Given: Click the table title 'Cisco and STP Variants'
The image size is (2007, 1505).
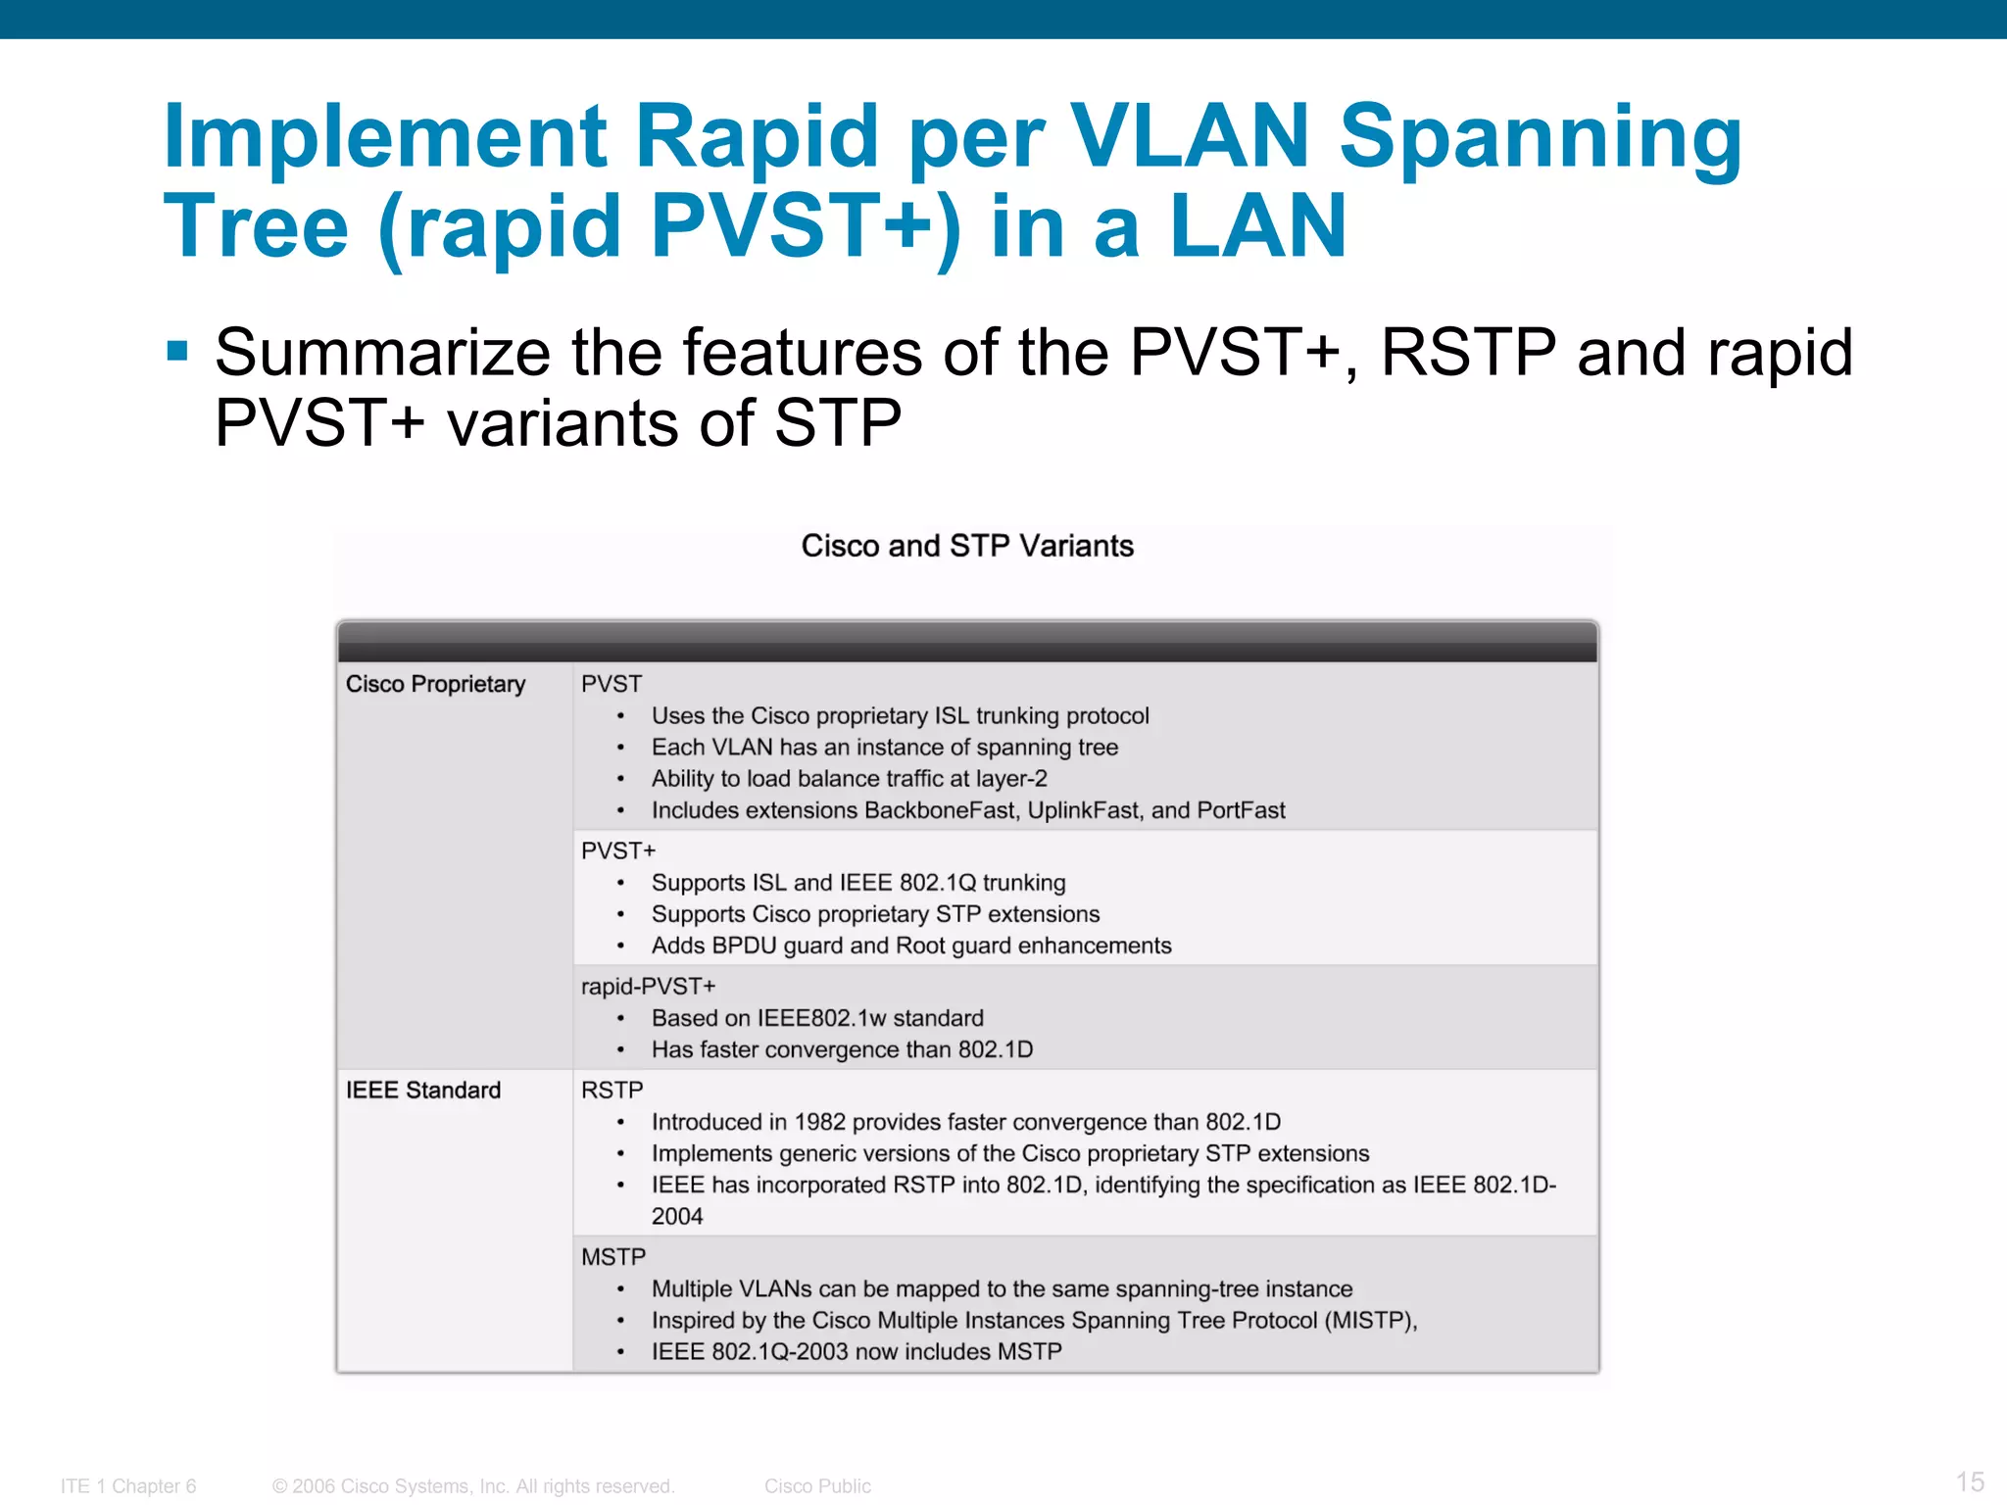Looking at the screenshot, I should click(967, 546).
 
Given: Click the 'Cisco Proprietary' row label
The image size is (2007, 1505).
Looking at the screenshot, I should click(435, 684).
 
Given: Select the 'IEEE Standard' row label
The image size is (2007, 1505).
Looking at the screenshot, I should click(422, 1091).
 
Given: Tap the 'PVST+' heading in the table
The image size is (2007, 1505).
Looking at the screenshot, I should click(617, 850).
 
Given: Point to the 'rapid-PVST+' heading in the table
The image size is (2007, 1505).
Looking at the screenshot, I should click(648, 987).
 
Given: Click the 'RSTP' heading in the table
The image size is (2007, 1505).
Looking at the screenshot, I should click(612, 1091).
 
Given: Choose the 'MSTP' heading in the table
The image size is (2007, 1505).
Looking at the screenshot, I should click(613, 1257).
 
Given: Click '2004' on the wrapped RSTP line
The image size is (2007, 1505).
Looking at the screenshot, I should click(677, 1217).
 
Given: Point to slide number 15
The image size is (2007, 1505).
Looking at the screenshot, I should click(1970, 1481).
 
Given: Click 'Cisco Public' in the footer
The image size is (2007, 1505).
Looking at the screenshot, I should click(817, 1486).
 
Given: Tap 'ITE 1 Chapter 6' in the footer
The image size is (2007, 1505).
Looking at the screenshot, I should click(128, 1486).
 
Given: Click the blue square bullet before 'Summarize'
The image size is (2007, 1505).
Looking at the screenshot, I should click(177, 351).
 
